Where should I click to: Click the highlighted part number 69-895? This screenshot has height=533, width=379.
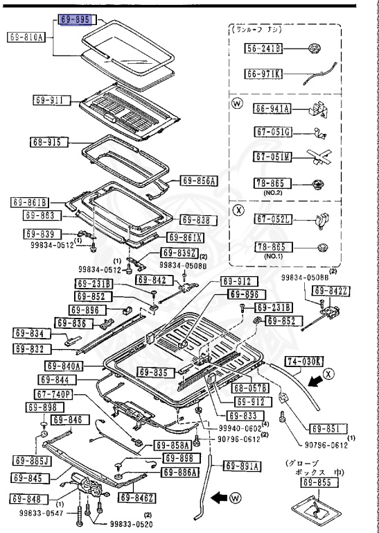75,20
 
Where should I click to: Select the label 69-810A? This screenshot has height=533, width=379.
27,37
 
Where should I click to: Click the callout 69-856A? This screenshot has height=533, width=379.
199,181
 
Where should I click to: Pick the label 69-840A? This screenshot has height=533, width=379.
64,366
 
